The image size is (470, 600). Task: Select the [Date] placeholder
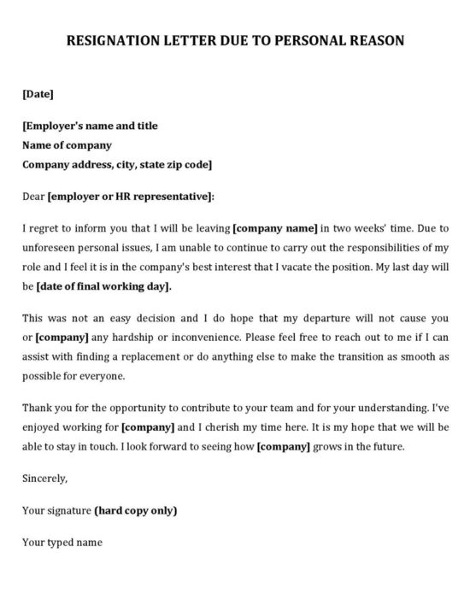click(x=38, y=93)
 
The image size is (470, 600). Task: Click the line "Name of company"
click(x=67, y=145)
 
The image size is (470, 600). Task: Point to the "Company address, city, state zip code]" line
click(x=117, y=164)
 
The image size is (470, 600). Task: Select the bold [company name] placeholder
click(x=275, y=228)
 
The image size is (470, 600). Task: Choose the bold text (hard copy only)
click(x=136, y=510)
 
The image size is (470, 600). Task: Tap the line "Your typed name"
click(x=62, y=542)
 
